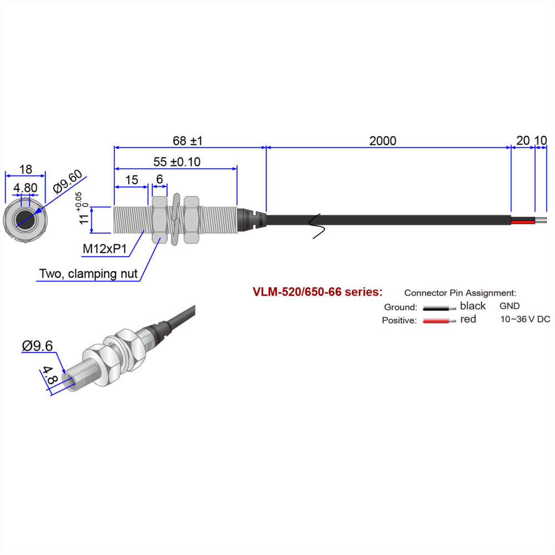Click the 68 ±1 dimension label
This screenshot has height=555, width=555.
click(188, 141)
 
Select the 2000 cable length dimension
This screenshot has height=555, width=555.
click(383, 141)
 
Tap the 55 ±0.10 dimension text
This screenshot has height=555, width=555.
click(177, 162)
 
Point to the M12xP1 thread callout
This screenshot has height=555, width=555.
click(105, 249)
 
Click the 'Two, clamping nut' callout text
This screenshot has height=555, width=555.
click(88, 274)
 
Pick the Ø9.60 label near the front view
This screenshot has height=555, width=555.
click(68, 181)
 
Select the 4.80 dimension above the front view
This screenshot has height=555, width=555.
click(26, 188)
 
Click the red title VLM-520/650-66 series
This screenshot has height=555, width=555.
click(317, 291)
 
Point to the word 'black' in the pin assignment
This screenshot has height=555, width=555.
click(473, 306)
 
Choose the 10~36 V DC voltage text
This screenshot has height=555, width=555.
click(525, 319)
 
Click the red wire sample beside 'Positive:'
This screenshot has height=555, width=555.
click(436, 320)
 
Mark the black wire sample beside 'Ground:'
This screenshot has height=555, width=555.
click(436, 307)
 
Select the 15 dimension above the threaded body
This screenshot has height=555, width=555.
click(132, 180)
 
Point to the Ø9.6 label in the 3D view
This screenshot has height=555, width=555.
click(38, 346)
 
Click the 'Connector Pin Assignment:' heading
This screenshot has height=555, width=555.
click(460, 292)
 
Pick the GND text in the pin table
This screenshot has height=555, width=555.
click(509, 306)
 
